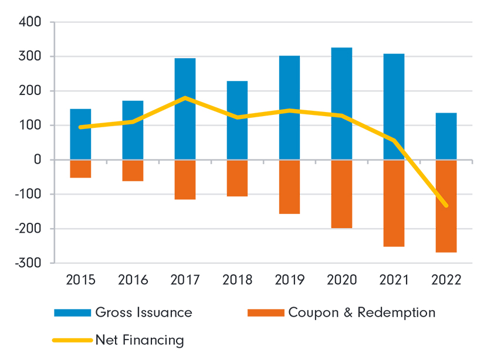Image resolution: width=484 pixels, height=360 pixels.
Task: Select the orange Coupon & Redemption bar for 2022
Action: pos(446,206)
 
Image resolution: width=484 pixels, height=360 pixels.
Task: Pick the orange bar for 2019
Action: pos(289,186)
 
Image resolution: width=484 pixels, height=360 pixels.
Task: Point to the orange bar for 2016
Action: pos(133,171)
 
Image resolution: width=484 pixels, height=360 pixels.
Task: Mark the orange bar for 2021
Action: pos(394,203)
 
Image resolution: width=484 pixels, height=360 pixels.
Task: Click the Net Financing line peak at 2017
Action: pos(185,98)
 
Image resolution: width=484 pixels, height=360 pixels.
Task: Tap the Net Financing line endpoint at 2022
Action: pos(446,205)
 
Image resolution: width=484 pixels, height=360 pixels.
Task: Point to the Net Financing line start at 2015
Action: pos(80,127)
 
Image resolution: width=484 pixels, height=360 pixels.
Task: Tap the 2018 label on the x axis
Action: pos(237,280)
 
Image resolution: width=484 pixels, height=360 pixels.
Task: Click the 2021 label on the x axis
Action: pos(394,280)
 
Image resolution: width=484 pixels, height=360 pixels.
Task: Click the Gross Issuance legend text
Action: pos(144,313)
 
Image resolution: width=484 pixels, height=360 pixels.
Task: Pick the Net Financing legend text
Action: pos(140,340)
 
